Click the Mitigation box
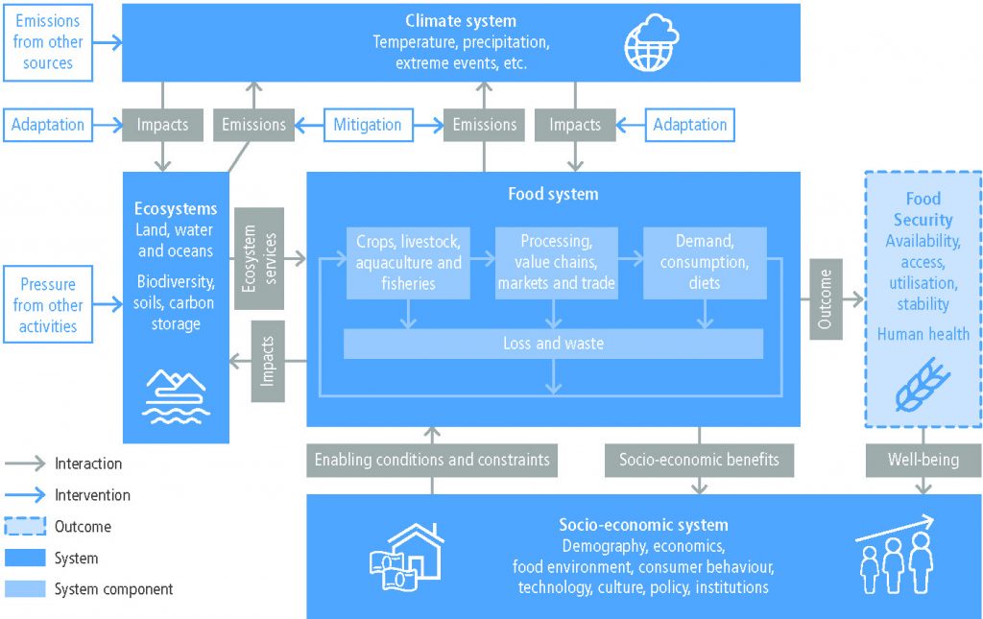[x=368, y=125]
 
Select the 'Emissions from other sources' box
[x=48, y=42]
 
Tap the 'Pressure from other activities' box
[x=48, y=304]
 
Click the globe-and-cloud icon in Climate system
[x=652, y=42]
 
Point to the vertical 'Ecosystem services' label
[x=259, y=259]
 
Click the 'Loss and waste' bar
[x=553, y=344]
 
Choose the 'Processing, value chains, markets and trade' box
[x=556, y=263]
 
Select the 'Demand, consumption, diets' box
[x=705, y=263]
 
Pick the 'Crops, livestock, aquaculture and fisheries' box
[x=408, y=263]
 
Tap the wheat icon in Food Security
[x=923, y=385]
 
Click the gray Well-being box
[x=923, y=460]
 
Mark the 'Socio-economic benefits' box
[x=699, y=460]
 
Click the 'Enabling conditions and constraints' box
[x=432, y=460]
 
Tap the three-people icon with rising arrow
[x=896, y=555]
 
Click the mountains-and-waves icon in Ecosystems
[x=176, y=396]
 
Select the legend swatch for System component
[x=25, y=589]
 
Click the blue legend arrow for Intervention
[x=25, y=495]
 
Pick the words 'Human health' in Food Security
[x=923, y=334]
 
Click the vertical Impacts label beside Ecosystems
[x=268, y=361]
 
